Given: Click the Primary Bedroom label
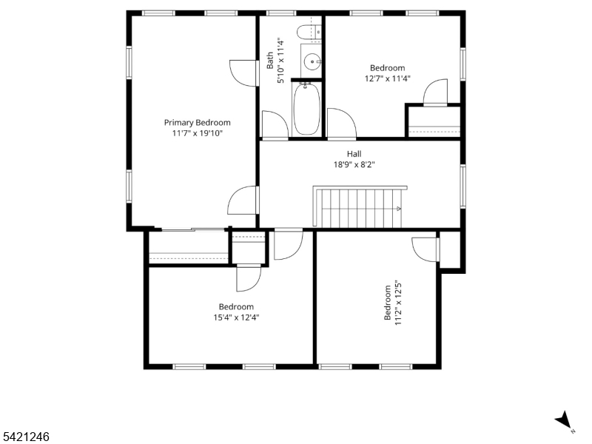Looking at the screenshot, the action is pos(197,123).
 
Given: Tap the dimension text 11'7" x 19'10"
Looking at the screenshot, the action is pos(198,133).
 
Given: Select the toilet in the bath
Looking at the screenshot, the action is pos(309,32).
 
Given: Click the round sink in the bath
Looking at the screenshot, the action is pos(312,61).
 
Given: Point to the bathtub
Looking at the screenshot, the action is pos(307,109).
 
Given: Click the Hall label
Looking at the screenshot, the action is pos(354,154).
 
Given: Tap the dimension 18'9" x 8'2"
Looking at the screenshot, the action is pos(354,164).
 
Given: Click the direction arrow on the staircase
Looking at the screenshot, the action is pos(398,209).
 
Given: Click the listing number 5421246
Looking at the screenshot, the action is pos(24,437).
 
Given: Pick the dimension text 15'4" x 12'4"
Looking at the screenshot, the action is pos(236,317).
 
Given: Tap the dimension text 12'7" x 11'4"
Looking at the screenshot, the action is pos(387,78).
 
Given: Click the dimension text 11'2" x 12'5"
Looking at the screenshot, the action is pos(398,303).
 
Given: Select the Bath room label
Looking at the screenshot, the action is pos(270,61).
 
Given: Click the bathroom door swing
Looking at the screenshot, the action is pos(275,124).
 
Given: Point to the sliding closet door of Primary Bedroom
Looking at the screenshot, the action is pos(192,229).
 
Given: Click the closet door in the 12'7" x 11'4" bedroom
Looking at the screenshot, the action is pos(435,92).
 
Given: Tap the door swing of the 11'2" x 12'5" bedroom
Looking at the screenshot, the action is pos(425,249).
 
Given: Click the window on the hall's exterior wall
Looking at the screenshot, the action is pos(463,186).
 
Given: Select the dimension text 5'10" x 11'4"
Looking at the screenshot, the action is pos(280,61).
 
